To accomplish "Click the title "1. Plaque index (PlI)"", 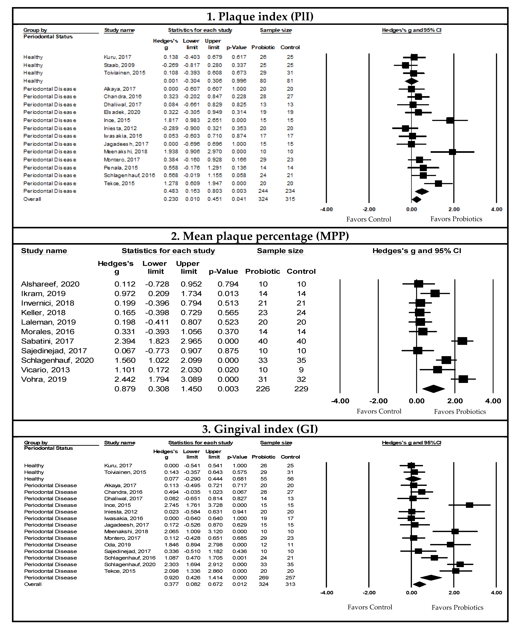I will point(260,16).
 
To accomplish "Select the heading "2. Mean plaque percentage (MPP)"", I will point(260,236).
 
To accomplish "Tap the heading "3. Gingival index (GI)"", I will point(260,429).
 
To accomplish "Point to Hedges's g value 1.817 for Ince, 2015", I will point(171,120).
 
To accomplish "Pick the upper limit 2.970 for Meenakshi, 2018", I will point(215,152).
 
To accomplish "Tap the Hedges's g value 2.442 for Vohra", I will point(125,379).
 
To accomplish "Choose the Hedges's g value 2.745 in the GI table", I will point(171,505).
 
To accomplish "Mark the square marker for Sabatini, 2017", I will point(462,341).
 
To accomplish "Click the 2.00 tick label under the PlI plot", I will point(454,209).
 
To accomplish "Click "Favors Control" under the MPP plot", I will point(379,411).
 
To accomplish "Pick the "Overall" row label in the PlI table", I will point(32,199).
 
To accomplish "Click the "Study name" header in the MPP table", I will point(44,251).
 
